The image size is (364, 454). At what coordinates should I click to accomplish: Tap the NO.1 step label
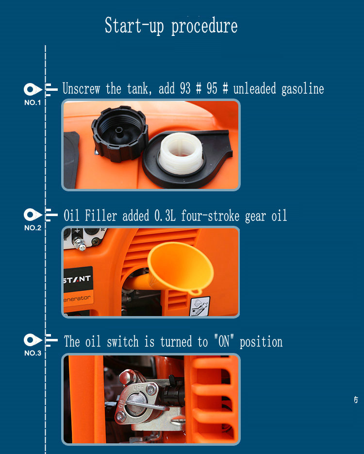coord(33,102)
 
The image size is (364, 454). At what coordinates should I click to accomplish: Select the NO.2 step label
coord(33,228)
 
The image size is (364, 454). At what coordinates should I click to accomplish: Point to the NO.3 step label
coord(33,353)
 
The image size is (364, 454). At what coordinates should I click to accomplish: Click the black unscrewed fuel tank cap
coord(120,134)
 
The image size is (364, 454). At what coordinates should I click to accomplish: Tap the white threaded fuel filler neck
coord(181,153)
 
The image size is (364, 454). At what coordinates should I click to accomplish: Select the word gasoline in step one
coord(303,89)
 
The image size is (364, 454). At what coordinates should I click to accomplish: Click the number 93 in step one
coord(185,88)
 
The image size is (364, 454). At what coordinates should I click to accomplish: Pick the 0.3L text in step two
coord(165,216)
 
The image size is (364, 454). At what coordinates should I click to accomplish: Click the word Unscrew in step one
coord(82,88)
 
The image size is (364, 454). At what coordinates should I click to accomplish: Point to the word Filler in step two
coord(100,216)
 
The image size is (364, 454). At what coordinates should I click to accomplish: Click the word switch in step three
coord(123,342)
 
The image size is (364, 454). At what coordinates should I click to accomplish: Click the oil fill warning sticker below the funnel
coord(199,306)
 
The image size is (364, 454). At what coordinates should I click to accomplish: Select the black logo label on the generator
coord(78,279)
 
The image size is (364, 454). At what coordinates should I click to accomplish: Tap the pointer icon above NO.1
coord(33,89)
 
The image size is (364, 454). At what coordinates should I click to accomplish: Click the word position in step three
coord(261,342)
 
